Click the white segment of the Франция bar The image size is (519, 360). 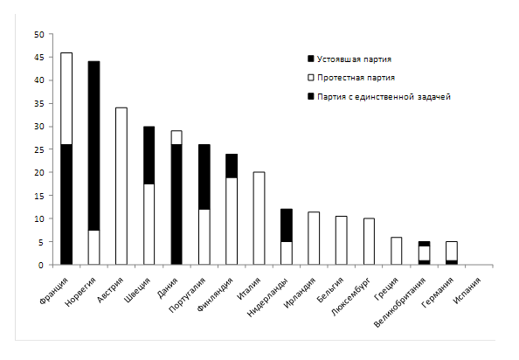[66, 99]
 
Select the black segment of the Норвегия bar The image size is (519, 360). [94, 146]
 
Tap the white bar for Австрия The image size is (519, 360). [121, 186]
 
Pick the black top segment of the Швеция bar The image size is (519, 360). [149, 156]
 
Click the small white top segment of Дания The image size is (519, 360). [176, 137]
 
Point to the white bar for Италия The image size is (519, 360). [259, 218]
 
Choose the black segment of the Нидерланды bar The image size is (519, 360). [287, 225]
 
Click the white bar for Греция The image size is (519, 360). [396, 251]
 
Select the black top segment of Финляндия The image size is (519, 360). [232, 166]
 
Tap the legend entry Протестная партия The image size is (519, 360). [351, 78]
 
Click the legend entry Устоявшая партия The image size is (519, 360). [349, 59]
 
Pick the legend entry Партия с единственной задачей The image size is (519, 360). [379, 97]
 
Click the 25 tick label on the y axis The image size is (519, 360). [38, 149]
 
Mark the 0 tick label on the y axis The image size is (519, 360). [41, 265]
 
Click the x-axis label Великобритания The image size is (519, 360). [400, 301]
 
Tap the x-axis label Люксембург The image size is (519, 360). [351, 296]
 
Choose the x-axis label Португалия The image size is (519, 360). [187, 294]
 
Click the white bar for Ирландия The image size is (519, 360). [314, 239]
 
